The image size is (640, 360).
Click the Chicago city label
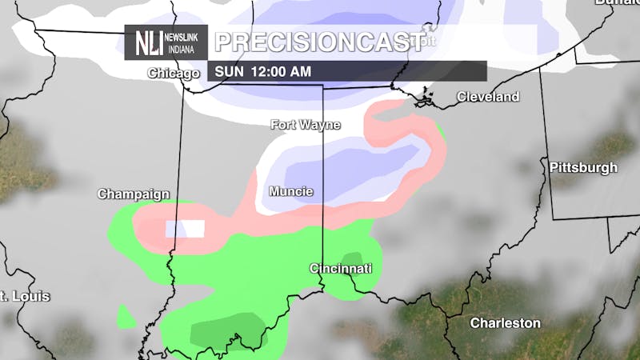pyautogui.click(x=173, y=74)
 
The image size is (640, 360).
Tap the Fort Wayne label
pyautogui.click(x=305, y=125)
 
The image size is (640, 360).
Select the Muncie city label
pyautogui.click(x=290, y=192)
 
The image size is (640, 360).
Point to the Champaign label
pyautogui.click(x=134, y=194)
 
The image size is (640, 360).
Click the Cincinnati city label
pyautogui.click(x=341, y=269)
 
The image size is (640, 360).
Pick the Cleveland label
pyautogui.click(x=487, y=97)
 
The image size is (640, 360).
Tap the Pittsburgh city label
pyautogui.click(x=583, y=168)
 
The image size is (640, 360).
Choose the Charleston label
pyautogui.click(x=505, y=323)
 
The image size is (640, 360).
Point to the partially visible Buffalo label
pyautogui.click(x=617, y=2)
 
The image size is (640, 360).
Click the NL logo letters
pyautogui.click(x=150, y=42)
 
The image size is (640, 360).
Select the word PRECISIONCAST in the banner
pyautogui.click(x=318, y=42)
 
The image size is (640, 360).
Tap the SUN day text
pyautogui.click(x=229, y=71)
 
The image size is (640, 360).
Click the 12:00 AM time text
pyautogui.click(x=281, y=71)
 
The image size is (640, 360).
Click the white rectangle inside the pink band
pyautogui.click(x=185, y=229)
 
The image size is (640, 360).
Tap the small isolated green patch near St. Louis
pyautogui.click(x=126, y=316)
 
